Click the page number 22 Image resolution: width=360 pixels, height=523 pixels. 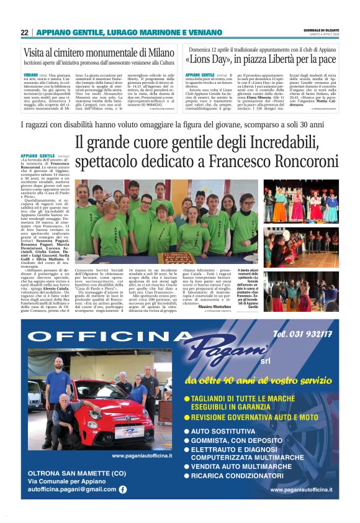(24, 32)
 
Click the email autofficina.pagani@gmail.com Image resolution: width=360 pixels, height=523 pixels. (71, 489)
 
